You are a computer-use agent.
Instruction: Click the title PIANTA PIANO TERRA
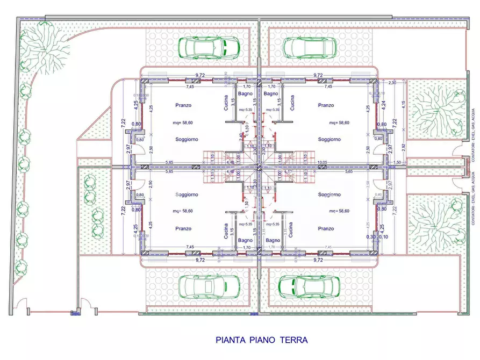pyautogui.click(x=261, y=340)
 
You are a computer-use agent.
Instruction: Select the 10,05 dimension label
pyautogui.click(x=323, y=162)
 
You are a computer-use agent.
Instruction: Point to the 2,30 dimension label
pyautogui.click(x=392, y=82)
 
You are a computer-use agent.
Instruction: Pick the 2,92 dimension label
pyautogui.click(x=403, y=146)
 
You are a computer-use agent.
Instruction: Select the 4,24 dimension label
pyautogui.click(x=382, y=105)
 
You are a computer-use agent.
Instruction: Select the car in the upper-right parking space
pyautogui.click(x=310, y=47)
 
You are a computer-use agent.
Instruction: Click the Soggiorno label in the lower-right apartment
pyautogui.click(x=329, y=195)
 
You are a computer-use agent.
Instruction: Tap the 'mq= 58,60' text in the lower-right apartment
pyautogui.click(x=339, y=211)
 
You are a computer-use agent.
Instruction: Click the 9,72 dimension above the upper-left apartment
pyautogui.click(x=200, y=75)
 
